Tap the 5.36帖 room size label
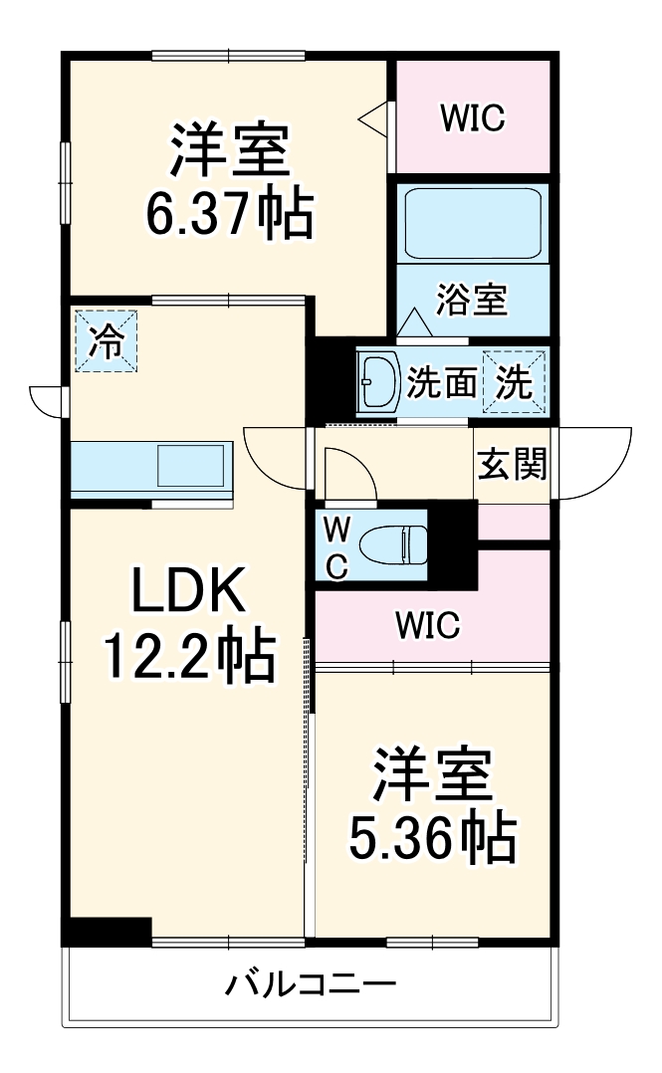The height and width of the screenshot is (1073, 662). pyautogui.click(x=432, y=838)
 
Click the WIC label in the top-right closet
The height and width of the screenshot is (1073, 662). pyautogui.click(x=473, y=117)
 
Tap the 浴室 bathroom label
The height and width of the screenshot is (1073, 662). pyautogui.click(x=473, y=300)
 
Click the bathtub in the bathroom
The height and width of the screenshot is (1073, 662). pyautogui.click(x=473, y=223)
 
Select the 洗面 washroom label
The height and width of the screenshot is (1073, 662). pyautogui.click(x=441, y=382)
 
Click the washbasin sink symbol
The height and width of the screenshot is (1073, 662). pyautogui.click(x=379, y=380)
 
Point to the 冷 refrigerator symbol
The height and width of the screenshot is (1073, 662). pyautogui.click(x=105, y=341)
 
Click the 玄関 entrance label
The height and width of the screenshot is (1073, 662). pyautogui.click(x=512, y=464)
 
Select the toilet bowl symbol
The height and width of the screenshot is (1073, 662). pyautogui.click(x=392, y=543)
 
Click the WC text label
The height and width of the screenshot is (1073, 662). pyautogui.click(x=337, y=544)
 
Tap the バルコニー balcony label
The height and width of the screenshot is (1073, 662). pyautogui.click(x=311, y=985)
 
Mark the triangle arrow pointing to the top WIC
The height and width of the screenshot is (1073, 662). pyautogui.click(x=373, y=117)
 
